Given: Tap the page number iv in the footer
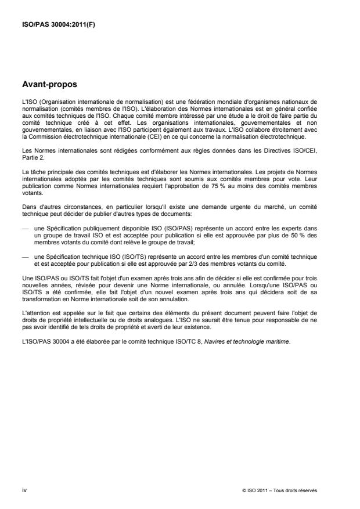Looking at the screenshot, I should click(x=24, y=490).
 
